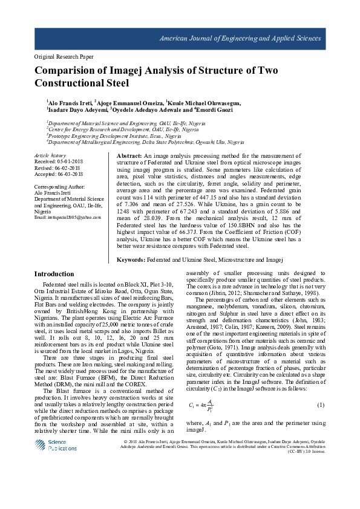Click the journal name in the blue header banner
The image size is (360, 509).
click(240, 39)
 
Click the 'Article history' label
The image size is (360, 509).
click(51, 156)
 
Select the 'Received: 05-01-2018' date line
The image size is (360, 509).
click(58, 162)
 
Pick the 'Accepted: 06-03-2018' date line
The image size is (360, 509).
click(58, 175)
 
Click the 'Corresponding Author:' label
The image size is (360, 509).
click(61, 187)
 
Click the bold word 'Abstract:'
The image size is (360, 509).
click(129, 156)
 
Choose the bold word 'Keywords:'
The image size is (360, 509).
click(131, 259)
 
